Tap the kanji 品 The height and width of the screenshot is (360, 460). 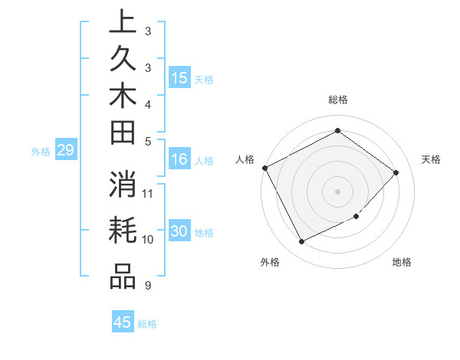tap(123, 277)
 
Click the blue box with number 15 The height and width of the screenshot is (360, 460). tap(179, 77)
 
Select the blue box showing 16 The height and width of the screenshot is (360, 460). tap(179, 159)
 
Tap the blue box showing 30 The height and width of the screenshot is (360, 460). tap(179, 232)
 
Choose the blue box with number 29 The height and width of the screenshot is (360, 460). tap(66, 151)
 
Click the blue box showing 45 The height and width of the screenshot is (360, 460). tap(123, 322)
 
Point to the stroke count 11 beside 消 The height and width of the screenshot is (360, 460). tap(148, 191)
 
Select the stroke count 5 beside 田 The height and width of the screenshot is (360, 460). tap(148, 140)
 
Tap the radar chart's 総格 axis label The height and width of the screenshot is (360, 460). tap(337, 100)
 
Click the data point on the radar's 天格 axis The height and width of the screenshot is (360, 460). tap(396, 172)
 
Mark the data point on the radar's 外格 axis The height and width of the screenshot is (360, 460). tap(301, 242)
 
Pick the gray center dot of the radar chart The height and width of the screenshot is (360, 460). tap(337, 191)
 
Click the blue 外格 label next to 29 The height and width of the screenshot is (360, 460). tap(41, 152)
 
